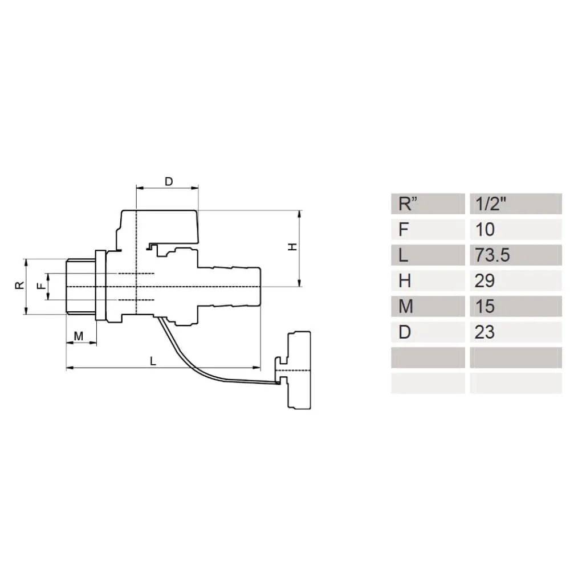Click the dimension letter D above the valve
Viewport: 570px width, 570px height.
169,181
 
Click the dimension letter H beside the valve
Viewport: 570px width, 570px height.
292,247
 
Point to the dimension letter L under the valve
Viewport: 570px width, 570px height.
153,361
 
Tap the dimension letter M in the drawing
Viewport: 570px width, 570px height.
79,336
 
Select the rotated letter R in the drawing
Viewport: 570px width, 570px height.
19,285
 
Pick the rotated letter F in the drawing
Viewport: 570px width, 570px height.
42,286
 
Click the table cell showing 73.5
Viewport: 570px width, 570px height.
515,255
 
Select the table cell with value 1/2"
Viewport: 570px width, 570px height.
515,203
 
